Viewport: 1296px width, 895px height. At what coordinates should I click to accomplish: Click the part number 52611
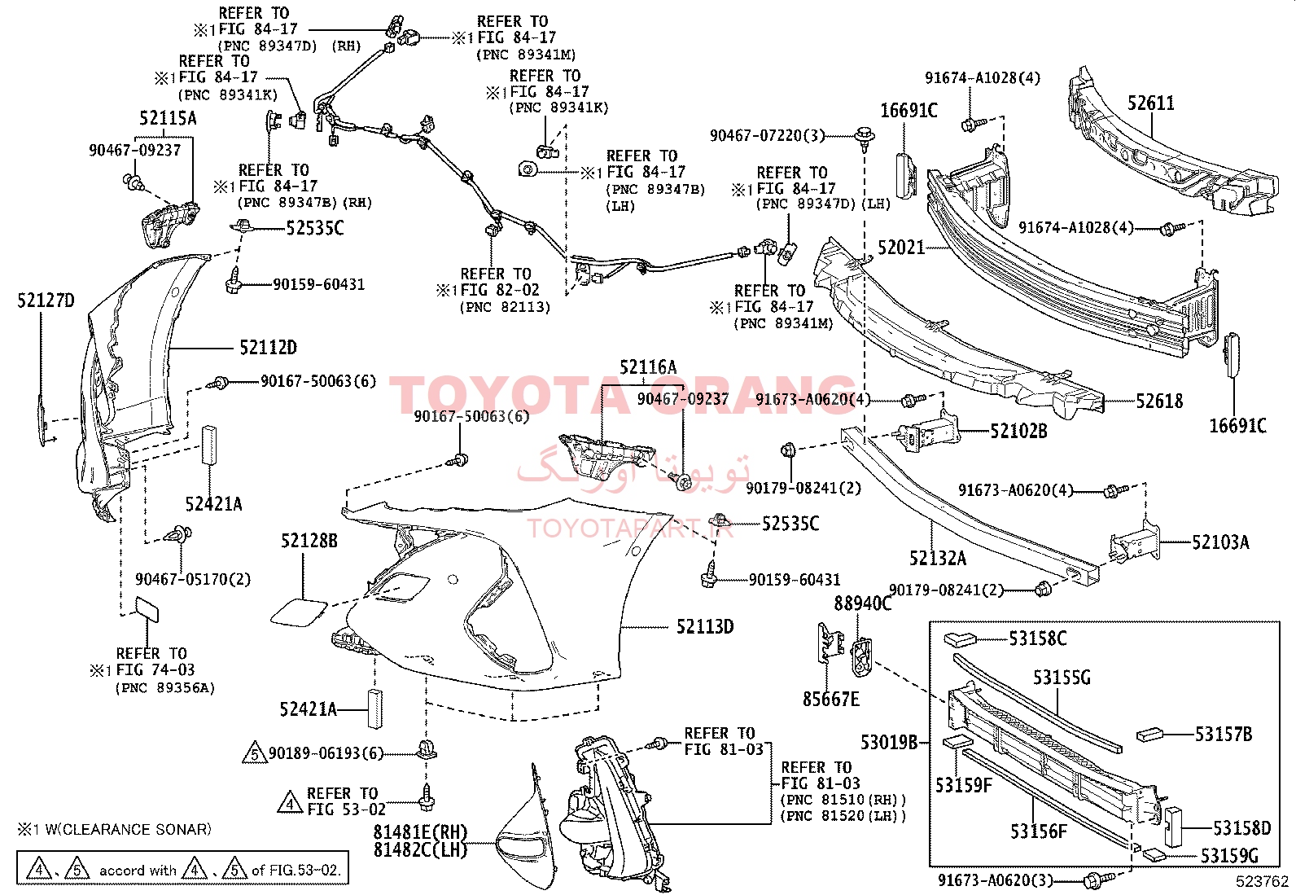coord(1151,103)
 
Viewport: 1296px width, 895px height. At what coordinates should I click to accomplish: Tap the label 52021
coord(901,248)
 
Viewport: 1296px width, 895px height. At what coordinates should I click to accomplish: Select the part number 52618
coord(1159,401)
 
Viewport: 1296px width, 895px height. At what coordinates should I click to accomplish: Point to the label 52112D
coord(268,348)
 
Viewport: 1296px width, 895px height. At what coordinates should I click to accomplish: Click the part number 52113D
coord(705,626)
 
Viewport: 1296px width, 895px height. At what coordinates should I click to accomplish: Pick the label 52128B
coord(309,541)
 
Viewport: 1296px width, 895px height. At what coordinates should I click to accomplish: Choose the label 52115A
coord(168,118)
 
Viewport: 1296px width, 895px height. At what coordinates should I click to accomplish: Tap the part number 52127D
coord(46,301)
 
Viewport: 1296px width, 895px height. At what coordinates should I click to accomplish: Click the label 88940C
coord(863,603)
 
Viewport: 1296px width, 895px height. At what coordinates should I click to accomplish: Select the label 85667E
coord(831,700)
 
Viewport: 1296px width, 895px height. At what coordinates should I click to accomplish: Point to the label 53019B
coord(889,742)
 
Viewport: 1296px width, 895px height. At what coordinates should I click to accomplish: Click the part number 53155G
coord(1062,678)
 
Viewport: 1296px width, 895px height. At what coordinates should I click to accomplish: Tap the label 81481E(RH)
coord(420,832)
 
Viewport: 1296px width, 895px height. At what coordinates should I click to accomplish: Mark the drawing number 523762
coord(1262,881)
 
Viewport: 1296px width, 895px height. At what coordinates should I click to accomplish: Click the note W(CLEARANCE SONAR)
coord(128,830)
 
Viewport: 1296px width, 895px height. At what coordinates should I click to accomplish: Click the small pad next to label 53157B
coord(1149,735)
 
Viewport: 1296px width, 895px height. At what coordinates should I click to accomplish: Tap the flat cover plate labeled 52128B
coord(299,612)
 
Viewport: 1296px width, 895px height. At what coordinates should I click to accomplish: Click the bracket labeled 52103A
coord(1135,542)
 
